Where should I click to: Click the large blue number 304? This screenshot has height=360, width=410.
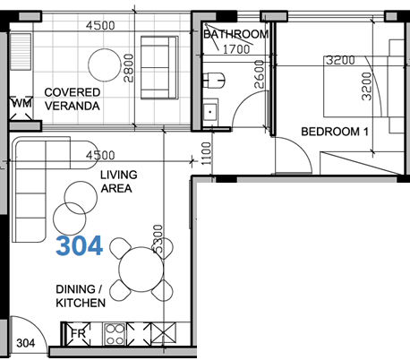click(x=80, y=246)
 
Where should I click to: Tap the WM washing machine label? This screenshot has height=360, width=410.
click(x=21, y=104)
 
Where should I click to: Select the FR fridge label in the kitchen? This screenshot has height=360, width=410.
click(x=79, y=335)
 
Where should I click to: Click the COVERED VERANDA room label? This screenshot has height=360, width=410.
click(x=71, y=99)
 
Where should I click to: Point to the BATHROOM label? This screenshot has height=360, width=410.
click(x=235, y=35)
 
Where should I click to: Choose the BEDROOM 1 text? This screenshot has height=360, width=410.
click(x=334, y=131)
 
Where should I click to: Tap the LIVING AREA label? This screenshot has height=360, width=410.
click(x=116, y=182)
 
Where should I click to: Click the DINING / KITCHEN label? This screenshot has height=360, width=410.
click(x=81, y=296)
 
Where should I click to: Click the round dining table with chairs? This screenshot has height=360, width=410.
click(x=143, y=268)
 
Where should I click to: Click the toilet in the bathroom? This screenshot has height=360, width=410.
click(x=215, y=77)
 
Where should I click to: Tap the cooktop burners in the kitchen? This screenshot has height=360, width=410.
click(x=115, y=335)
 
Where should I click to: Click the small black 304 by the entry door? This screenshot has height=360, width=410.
click(x=26, y=342)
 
